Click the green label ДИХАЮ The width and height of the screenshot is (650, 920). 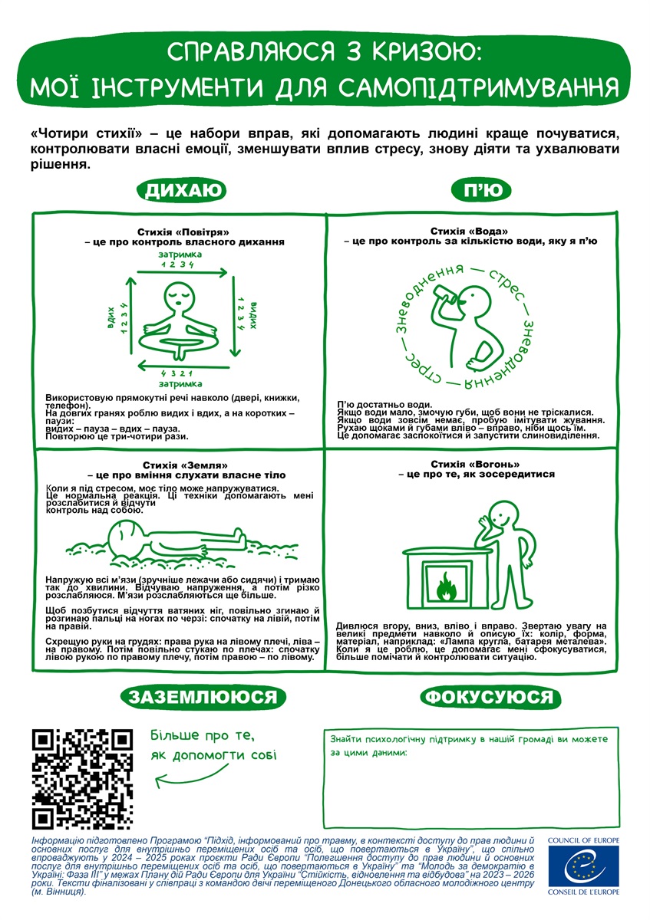tap(181, 191)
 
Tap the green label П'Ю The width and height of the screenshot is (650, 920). tap(481, 191)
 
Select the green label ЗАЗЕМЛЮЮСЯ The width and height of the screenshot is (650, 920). tap(203, 697)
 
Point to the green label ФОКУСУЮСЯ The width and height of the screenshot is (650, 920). tap(490, 697)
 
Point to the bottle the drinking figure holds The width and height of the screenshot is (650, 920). tap(445, 294)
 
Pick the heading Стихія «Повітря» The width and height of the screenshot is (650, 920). tap(183, 232)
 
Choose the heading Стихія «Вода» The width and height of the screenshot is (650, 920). tap(469, 232)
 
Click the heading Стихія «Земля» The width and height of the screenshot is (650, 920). tap(185, 465)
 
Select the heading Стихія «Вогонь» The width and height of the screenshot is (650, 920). tap(475, 465)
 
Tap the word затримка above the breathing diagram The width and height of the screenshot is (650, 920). tap(180, 255)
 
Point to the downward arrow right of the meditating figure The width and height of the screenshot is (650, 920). tap(234, 316)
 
